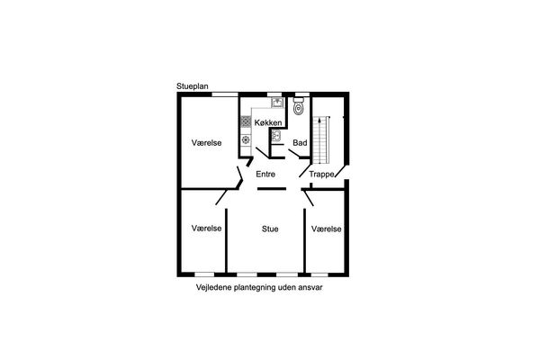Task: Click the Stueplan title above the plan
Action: (x=193, y=86)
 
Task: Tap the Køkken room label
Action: (x=268, y=122)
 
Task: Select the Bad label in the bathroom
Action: (x=300, y=142)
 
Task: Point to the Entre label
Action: (x=265, y=175)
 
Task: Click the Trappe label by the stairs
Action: (x=321, y=175)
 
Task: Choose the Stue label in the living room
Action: (x=270, y=229)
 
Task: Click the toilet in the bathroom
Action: (x=298, y=106)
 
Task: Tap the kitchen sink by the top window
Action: (x=277, y=103)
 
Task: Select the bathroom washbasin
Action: (x=276, y=135)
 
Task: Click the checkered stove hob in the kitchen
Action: (x=246, y=121)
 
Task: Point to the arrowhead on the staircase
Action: (x=320, y=121)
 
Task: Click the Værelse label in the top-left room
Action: (x=206, y=142)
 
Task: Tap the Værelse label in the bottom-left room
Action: (x=206, y=228)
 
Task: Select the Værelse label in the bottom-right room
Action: (x=326, y=229)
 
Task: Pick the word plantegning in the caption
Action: (x=255, y=288)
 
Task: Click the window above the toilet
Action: (x=302, y=94)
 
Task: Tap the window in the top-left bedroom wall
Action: (x=224, y=94)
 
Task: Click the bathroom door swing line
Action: (x=293, y=153)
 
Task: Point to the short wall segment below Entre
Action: (x=272, y=188)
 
